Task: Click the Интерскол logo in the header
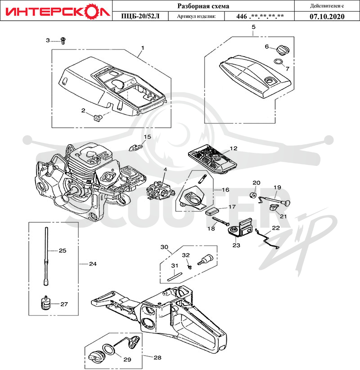pos(58,11)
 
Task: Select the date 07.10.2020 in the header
pos(327,17)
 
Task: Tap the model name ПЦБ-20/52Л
pos(140,16)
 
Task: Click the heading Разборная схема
pos(203,6)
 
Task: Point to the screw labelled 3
pos(63,41)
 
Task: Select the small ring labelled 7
pos(278,62)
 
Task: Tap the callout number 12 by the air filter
pos(234,148)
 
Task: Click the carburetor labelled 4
pos(161,191)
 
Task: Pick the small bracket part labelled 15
pos(135,147)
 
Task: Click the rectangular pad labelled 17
pos(211,211)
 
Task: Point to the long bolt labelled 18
pos(221,221)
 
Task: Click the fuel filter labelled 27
pos(45,303)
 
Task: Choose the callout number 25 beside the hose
pos(63,250)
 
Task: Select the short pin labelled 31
pos(175,277)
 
